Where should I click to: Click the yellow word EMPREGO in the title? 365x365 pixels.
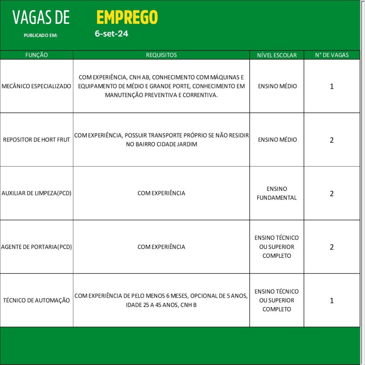[x=127, y=17]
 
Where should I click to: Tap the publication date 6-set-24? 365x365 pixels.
[x=112, y=34]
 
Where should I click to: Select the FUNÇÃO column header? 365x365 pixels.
[x=36, y=55]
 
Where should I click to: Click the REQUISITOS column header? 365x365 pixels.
[x=161, y=55]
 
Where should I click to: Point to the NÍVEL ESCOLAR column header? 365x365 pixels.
[x=277, y=55]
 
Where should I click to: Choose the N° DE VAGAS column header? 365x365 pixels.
[x=331, y=55]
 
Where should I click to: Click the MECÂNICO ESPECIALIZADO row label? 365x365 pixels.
[x=36, y=86]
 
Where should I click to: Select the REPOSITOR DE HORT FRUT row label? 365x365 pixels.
[x=36, y=140]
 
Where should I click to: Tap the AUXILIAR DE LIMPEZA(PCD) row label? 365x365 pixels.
[x=36, y=193]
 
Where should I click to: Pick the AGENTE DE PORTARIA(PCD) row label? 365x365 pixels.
[x=36, y=247]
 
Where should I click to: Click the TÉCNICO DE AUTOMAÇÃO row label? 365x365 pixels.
[x=36, y=300]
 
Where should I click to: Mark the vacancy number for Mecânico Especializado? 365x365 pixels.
[x=331, y=87]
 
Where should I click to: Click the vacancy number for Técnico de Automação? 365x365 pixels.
[x=331, y=300]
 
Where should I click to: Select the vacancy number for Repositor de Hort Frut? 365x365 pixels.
[x=331, y=140]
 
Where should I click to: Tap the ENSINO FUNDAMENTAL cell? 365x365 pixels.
[x=277, y=193]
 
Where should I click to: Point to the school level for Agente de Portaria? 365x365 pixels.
[x=277, y=247]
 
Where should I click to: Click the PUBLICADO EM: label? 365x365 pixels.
[x=40, y=35]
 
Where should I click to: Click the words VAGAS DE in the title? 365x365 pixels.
[x=41, y=17]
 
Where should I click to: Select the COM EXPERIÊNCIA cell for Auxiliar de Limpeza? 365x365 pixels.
[x=161, y=193]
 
